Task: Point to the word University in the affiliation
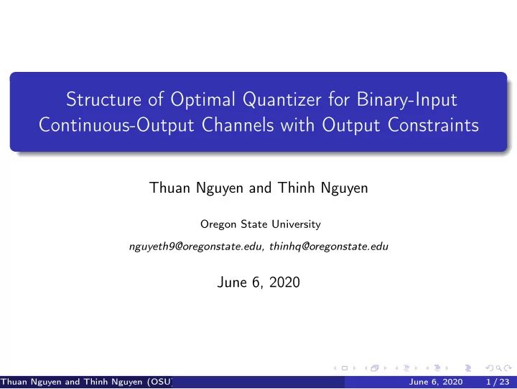pos(297,224)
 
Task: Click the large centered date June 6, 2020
pos(258,283)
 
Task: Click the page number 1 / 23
pos(497,381)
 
